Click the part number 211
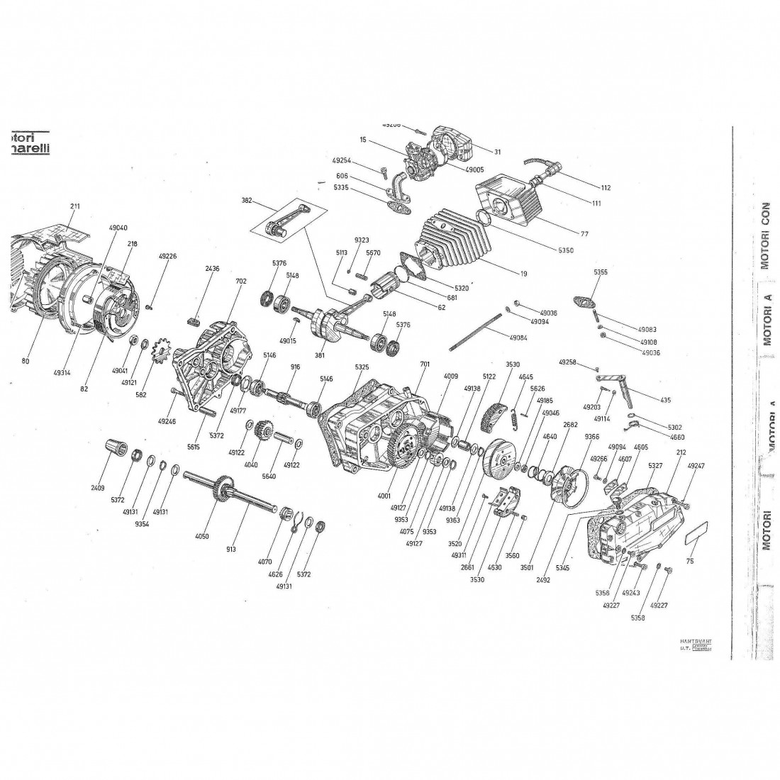pos(76,206)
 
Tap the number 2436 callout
pos(213,269)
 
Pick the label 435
pos(665,400)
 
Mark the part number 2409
pos(97,488)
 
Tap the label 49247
pos(677,466)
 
